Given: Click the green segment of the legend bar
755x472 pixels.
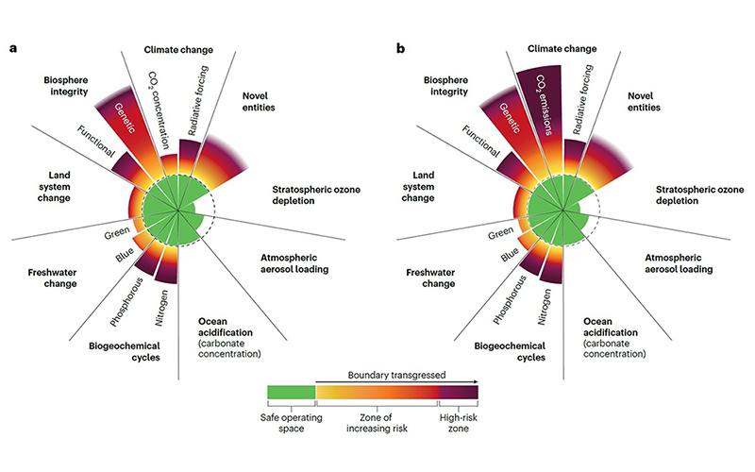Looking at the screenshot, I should click(x=291, y=392).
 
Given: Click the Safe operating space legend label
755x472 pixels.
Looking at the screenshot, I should click(x=290, y=421).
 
